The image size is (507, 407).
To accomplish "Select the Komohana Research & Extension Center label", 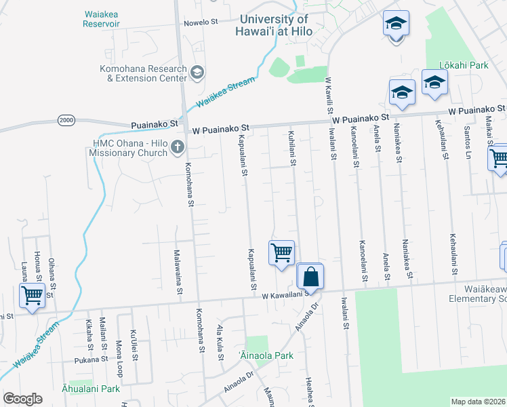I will [143, 73].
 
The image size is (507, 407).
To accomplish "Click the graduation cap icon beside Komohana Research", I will [197, 72].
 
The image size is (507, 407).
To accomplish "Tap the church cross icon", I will [178, 146].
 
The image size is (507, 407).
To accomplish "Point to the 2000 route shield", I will [66, 119].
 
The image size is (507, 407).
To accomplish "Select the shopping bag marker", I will [310, 277].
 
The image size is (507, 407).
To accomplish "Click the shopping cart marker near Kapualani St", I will [281, 253].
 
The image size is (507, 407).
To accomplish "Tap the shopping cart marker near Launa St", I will [32, 296].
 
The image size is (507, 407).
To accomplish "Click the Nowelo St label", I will [201, 22].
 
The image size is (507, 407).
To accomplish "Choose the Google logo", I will [22, 399].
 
